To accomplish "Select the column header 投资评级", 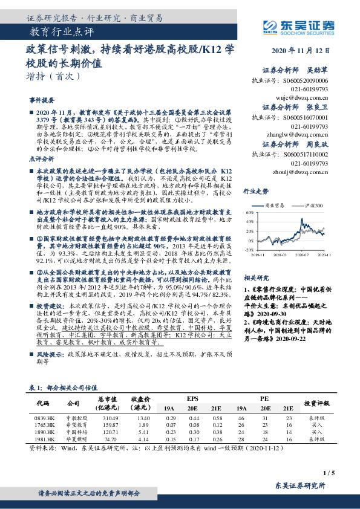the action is coord(315,403).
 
